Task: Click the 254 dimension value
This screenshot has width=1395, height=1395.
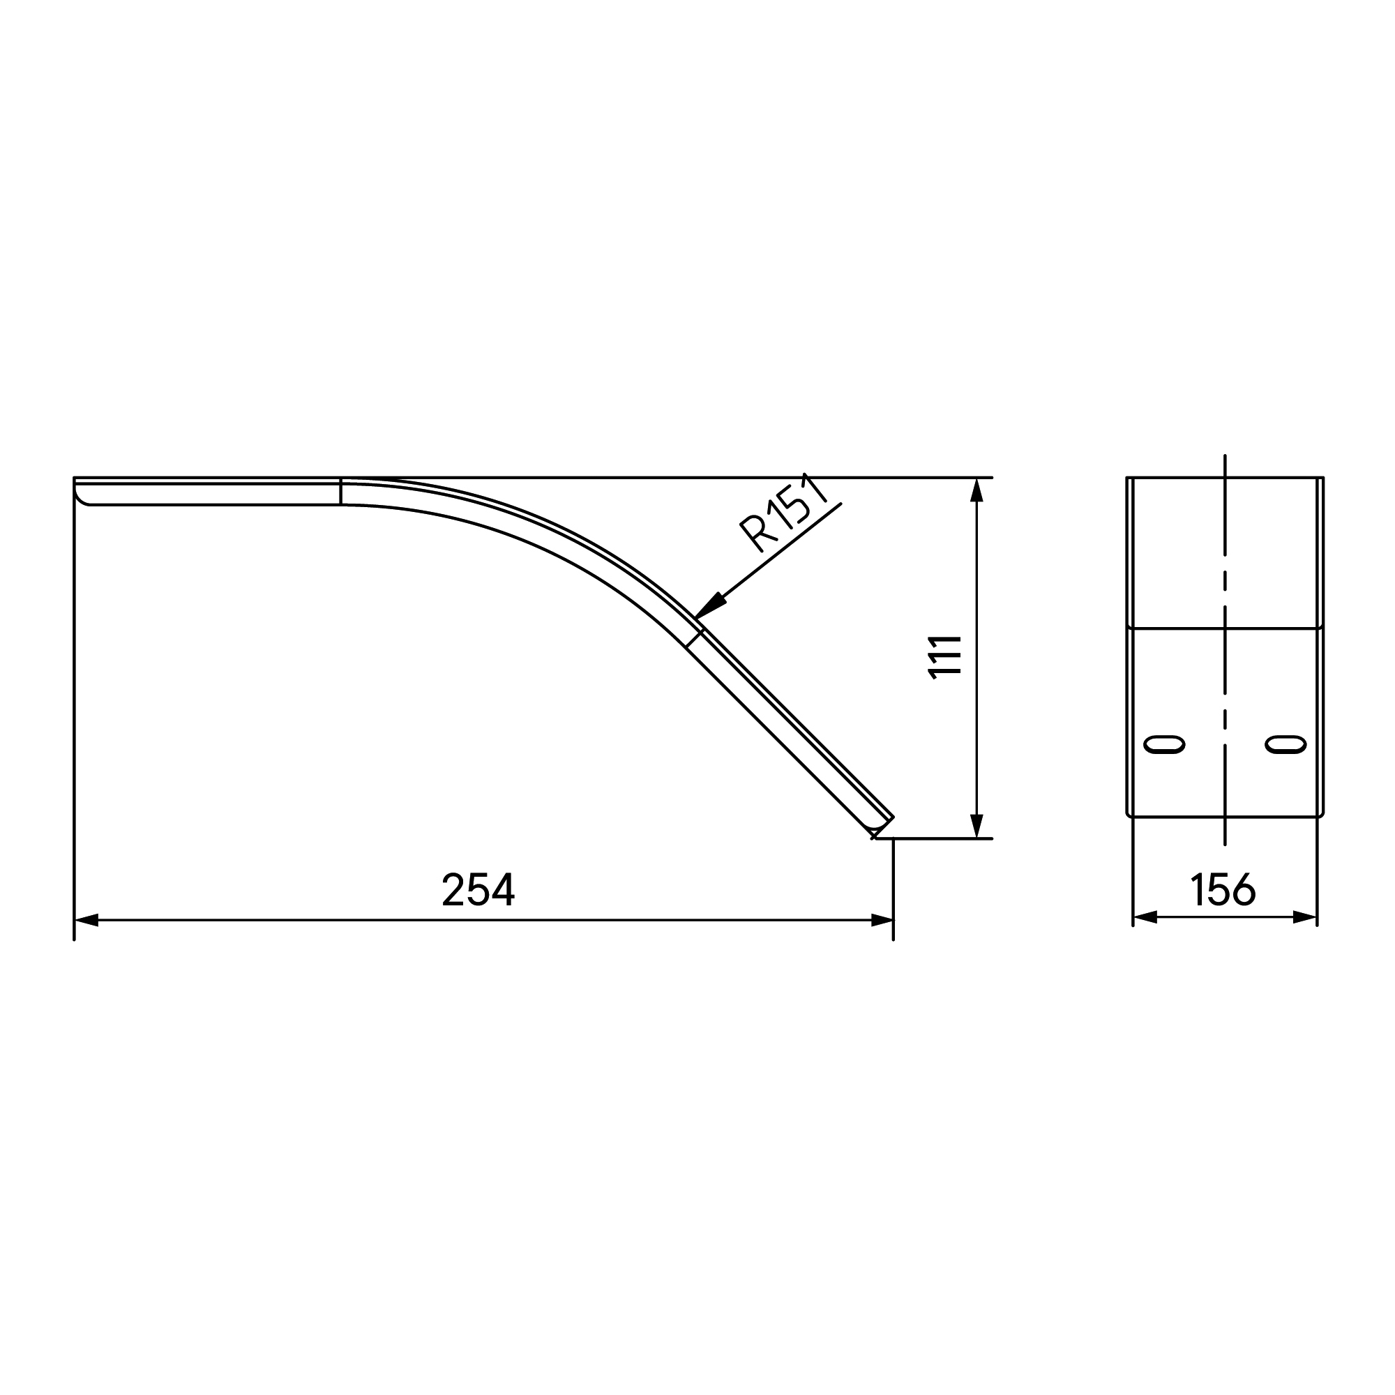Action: click(478, 889)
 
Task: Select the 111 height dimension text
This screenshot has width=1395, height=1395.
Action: click(945, 657)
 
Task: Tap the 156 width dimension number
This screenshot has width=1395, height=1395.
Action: click(1223, 889)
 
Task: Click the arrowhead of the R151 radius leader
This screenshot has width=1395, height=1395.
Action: click(709, 606)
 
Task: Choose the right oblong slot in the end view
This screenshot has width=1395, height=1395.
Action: click(1286, 744)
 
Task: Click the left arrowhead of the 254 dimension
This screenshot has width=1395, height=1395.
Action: click(86, 920)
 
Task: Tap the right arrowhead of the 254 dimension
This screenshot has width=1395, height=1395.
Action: click(882, 920)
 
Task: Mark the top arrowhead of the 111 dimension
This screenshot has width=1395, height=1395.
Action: click(977, 490)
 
